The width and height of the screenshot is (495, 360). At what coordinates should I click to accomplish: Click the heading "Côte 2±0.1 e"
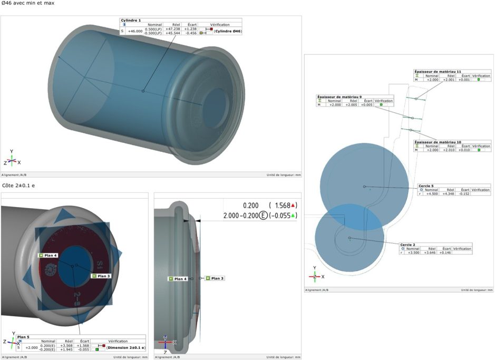pos(20,186)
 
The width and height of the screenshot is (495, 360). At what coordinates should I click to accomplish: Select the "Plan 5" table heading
pos(23,337)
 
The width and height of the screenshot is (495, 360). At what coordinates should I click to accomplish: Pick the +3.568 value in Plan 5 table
pos(65,346)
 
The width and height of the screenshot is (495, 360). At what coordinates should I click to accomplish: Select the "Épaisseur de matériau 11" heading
pos(438,71)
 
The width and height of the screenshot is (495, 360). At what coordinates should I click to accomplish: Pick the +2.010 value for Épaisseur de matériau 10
pos(447,150)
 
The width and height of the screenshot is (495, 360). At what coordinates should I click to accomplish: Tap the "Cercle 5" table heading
pos(426,186)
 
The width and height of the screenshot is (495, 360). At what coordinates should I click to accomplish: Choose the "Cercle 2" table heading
pos(407,245)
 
